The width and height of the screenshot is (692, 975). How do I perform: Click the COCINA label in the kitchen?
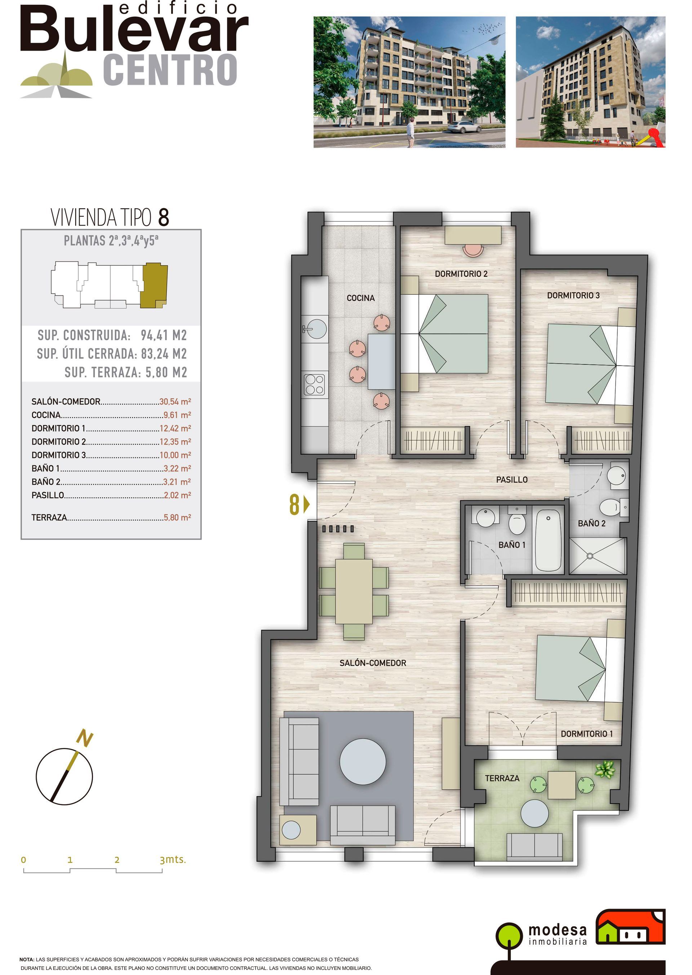[360, 298]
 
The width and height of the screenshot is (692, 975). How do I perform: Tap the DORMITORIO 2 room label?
[461, 274]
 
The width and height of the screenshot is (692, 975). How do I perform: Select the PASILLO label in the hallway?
[512, 480]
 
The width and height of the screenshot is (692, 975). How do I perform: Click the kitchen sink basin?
[315, 329]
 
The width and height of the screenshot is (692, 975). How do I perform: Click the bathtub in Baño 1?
[548, 539]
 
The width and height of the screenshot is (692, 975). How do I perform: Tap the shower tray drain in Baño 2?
[590, 556]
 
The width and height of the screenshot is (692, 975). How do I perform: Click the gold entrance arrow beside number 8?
[307, 505]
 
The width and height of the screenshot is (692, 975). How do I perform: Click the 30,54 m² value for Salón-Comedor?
[175, 402]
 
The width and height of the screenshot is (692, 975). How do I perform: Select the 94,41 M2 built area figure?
[164, 336]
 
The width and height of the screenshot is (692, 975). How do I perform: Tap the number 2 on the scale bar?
[117, 860]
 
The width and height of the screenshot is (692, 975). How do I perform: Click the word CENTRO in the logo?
[170, 70]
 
